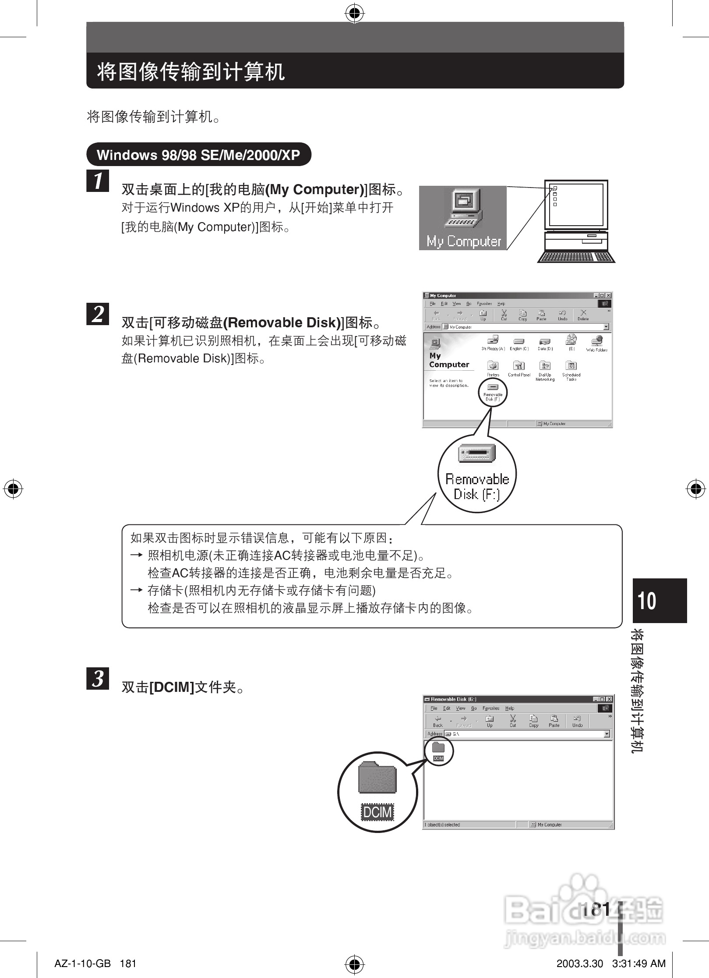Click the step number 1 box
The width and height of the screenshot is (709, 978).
98,181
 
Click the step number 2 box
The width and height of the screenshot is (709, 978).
98,314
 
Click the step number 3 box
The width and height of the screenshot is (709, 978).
98,678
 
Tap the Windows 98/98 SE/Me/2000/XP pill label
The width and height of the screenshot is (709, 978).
198,155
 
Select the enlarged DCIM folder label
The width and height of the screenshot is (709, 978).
377,812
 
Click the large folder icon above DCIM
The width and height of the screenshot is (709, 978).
377,778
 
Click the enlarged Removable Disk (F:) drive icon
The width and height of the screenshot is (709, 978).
477,453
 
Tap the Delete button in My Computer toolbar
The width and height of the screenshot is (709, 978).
583,315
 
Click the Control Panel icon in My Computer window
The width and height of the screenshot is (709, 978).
519,368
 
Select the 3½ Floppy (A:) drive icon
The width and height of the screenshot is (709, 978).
493,342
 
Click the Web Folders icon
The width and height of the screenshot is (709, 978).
596,343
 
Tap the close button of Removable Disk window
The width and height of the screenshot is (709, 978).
609,699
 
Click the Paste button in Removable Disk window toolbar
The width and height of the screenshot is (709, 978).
554,720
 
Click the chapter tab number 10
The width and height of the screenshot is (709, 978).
647,600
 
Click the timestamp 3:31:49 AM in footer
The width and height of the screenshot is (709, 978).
639,964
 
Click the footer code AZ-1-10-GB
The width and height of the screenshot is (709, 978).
82,964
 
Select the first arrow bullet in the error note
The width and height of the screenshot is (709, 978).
137,555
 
